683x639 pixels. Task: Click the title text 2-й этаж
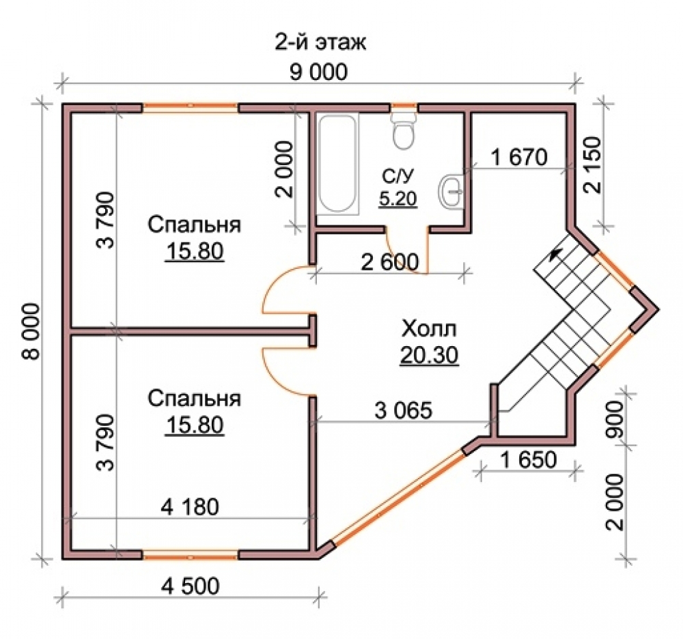coord(320,42)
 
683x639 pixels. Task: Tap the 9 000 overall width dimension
coord(318,72)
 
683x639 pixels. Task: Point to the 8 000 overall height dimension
coord(31,331)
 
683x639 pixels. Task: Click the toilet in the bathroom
coord(404,130)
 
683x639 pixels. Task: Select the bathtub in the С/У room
coord(337,164)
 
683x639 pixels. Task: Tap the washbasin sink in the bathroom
coord(451,190)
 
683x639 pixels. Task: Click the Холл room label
coord(429,328)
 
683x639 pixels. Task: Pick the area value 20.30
coord(429,355)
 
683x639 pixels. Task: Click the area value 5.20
coord(398,199)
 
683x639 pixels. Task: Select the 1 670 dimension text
coord(519,157)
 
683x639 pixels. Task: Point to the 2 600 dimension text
coord(390,261)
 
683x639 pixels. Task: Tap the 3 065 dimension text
coord(404,410)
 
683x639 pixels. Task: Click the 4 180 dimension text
coord(190,507)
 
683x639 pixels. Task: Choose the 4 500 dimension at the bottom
coord(191,586)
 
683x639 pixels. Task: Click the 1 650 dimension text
coord(529,459)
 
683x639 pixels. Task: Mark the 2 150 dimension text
coord(591,165)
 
